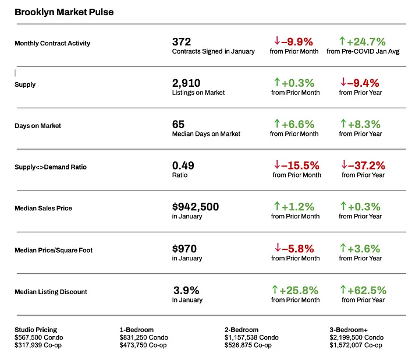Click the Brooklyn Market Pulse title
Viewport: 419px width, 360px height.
[x=64, y=12]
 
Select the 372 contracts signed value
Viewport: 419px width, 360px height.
[x=182, y=41]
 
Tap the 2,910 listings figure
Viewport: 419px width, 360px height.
[x=187, y=83]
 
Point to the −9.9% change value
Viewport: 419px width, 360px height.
[x=297, y=41]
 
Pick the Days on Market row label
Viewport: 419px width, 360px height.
[x=38, y=126]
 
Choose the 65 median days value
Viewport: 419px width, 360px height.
[x=178, y=124]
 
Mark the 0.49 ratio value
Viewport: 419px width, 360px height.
[x=183, y=165]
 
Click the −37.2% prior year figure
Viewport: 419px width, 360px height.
[x=367, y=165]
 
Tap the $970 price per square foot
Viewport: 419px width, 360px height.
[x=184, y=249]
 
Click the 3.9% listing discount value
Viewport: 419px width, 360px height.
[x=186, y=290]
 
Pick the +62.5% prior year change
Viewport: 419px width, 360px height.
[x=367, y=290]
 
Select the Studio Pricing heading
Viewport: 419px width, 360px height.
[x=36, y=330]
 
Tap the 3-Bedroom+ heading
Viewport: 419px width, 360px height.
[x=349, y=330]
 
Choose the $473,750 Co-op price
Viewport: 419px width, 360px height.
[x=144, y=345]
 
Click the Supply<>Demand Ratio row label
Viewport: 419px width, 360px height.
[x=51, y=167]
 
